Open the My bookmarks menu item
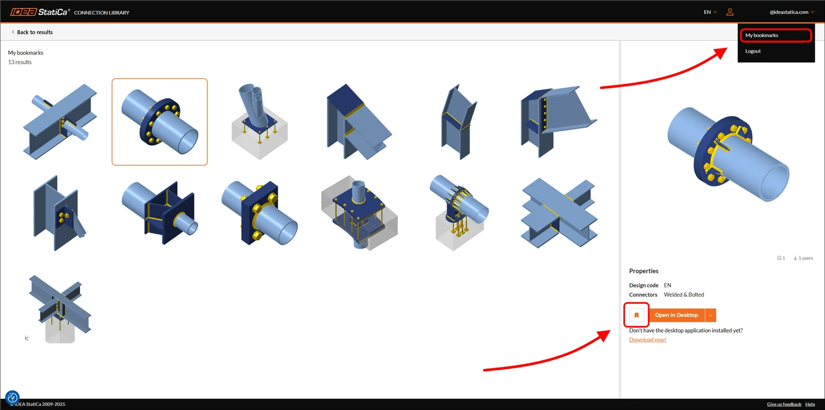[762, 36]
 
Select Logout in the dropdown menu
[753, 51]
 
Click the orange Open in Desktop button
[676, 315]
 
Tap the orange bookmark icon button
[636, 315]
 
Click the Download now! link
[648, 340]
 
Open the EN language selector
[710, 12]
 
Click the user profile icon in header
[730, 12]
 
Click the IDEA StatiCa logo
[40, 12]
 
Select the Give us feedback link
[784, 404]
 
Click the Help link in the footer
[810, 404]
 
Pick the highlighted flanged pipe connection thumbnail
[159, 122]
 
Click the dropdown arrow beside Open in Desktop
[711, 315]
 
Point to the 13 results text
[20, 62]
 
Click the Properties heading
[643, 271]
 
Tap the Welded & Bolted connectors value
[684, 294]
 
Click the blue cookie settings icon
[12, 398]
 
